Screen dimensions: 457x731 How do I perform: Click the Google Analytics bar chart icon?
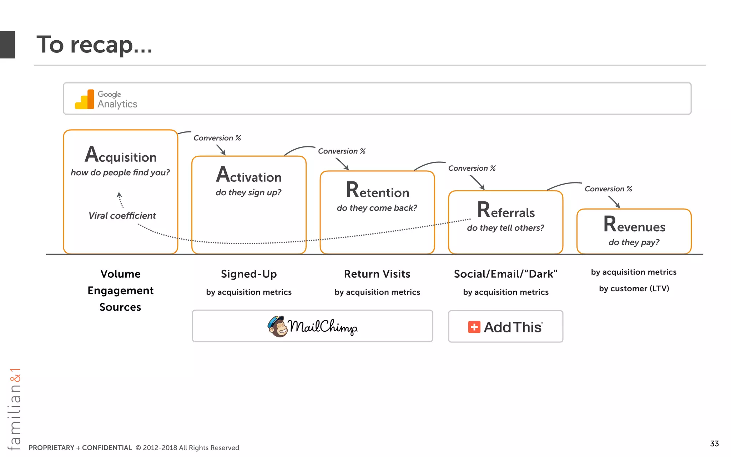(x=85, y=100)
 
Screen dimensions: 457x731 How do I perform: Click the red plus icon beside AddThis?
(x=474, y=327)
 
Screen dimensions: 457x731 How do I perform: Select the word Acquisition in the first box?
(x=121, y=155)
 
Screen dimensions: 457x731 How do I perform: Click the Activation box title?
(x=249, y=175)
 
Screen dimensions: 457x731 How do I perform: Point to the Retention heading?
(x=377, y=191)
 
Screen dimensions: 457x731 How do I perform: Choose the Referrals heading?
(x=506, y=211)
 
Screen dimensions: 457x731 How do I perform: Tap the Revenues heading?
(x=634, y=225)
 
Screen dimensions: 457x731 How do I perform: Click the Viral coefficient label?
(x=122, y=216)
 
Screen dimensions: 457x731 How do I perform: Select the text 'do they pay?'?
(x=634, y=242)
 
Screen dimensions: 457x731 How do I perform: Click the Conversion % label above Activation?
(x=217, y=138)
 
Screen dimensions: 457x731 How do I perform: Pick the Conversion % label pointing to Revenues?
(x=608, y=189)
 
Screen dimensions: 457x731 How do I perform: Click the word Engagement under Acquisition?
(x=120, y=291)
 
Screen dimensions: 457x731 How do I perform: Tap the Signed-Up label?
(x=249, y=274)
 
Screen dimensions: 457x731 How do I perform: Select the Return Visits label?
(x=377, y=274)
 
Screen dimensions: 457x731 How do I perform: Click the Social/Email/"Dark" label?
(x=505, y=274)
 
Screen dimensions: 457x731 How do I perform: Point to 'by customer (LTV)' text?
(x=634, y=288)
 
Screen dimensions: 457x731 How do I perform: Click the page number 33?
(x=714, y=443)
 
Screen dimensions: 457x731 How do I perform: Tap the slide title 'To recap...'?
(x=94, y=45)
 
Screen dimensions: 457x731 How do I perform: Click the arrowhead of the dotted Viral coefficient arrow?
(x=119, y=195)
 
